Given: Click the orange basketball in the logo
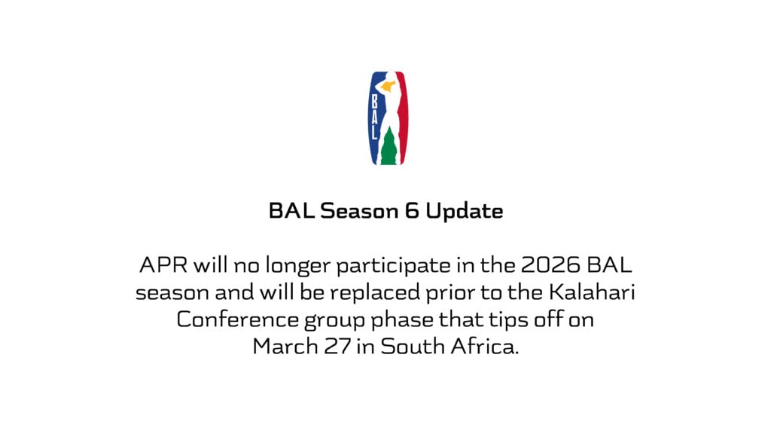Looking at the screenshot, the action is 388,87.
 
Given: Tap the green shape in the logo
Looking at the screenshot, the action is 389,147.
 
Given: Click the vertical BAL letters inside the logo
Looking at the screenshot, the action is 374,117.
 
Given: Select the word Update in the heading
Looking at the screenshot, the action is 464,211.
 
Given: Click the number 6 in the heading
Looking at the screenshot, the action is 412,211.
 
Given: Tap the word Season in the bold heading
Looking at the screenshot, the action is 359,211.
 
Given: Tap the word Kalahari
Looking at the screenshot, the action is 592,292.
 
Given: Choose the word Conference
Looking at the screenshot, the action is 237,319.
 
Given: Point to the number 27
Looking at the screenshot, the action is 337,347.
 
